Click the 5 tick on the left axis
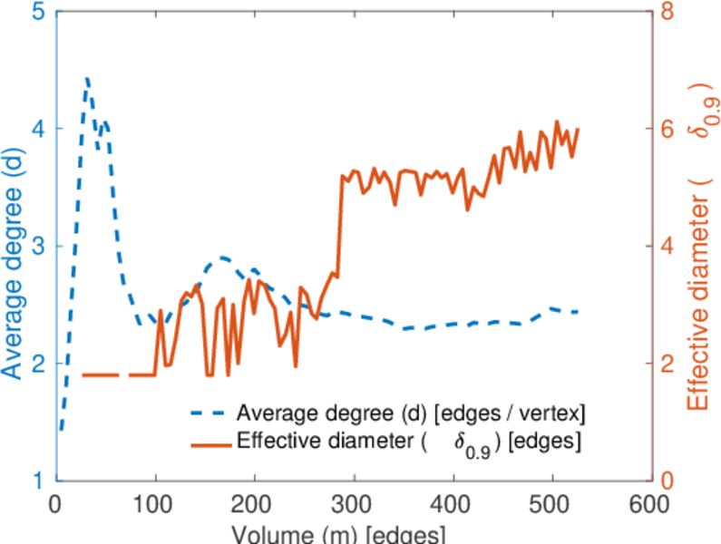coord(39,13)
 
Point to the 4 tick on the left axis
coord(39,129)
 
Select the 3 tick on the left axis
coord(39,246)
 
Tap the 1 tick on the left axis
coord(39,480)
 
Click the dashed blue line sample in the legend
coord(209,413)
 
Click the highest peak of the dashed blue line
coord(87,79)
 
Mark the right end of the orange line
coord(578,130)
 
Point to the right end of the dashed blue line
coord(578,311)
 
